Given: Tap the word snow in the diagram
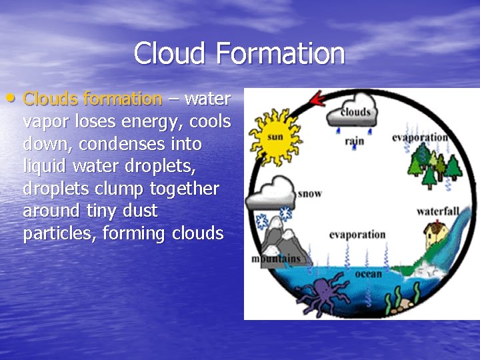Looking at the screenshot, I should click(x=310, y=193).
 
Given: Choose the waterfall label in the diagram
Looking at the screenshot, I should click(x=438, y=211).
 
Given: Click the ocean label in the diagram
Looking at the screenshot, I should click(x=368, y=273).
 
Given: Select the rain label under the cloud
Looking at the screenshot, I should click(x=354, y=141).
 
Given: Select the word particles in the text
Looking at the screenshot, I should click(x=58, y=234).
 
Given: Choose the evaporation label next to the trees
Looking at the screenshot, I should click(x=419, y=137).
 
